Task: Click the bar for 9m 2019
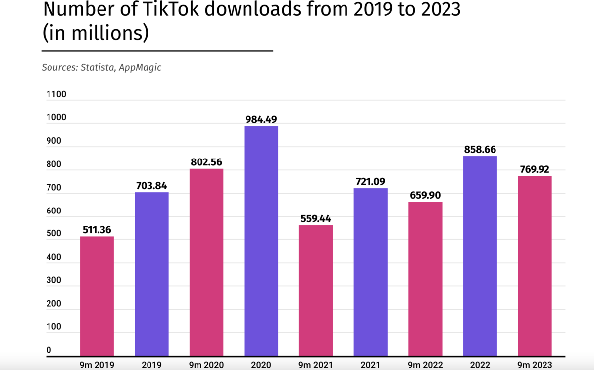(x=97, y=296)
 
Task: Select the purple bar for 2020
(x=261, y=241)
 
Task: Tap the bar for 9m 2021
(x=316, y=291)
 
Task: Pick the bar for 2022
(x=480, y=256)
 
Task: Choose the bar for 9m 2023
(x=535, y=266)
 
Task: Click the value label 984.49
(x=261, y=120)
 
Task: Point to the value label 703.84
(x=151, y=186)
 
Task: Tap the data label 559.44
(x=316, y=219)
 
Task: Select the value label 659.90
(x=425, y=195)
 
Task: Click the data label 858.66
(x=480, y=150)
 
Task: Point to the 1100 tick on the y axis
(x=56, y=94)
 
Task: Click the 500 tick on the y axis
(x=54, y=234)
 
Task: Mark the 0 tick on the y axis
(x=49, y=350)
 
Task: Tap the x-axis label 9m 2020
(x=206, y=365)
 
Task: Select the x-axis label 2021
(x=370, y=365)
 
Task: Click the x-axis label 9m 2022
(x=425, y=365)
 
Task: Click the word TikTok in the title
(x=171, y=9)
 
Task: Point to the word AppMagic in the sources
(x=140, y=68)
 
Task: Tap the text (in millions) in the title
(x=96, y=33)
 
